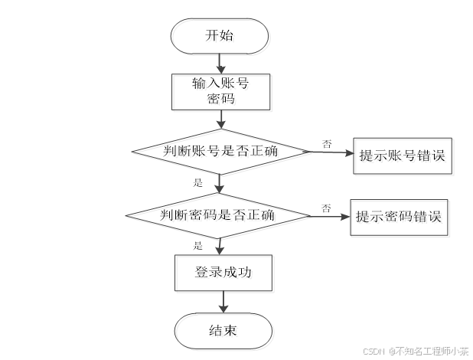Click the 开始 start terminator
click(220, 35)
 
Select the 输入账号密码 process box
click(220, 90)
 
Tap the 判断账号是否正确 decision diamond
click(220, 151)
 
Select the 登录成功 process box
click(220, 272)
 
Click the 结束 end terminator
click(222, 330)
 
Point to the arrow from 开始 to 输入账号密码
click(220, 62)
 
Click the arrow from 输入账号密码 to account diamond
click(220, 118)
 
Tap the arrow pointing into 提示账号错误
click(329, 152)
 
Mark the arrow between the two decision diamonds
click(220, 184)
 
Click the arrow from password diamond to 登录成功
click(220, 246)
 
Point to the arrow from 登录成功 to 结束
click(221, 302)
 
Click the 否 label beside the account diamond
click(327, 144)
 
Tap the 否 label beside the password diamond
click(326, 208)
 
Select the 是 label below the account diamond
click(197, 182)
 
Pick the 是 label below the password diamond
click(197, 245)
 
